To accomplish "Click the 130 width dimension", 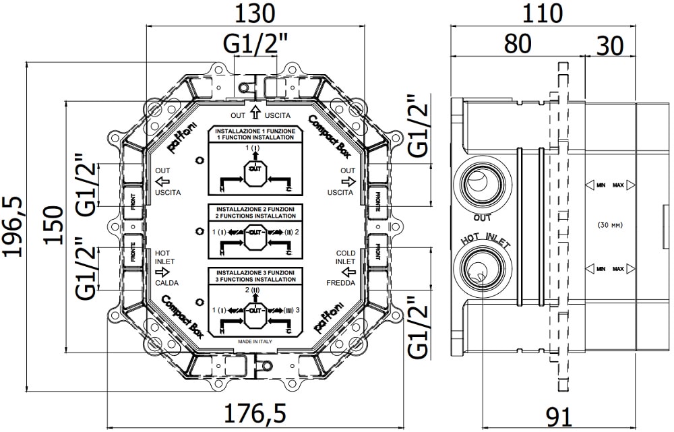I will (255, 13).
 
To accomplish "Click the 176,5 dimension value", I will (255, 412).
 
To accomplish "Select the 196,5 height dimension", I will (14, 225).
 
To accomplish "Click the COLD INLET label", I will (346, 257).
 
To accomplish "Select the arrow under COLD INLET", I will (348, 272).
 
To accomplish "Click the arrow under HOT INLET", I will (162, 272).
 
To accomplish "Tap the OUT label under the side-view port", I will (482, 217).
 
